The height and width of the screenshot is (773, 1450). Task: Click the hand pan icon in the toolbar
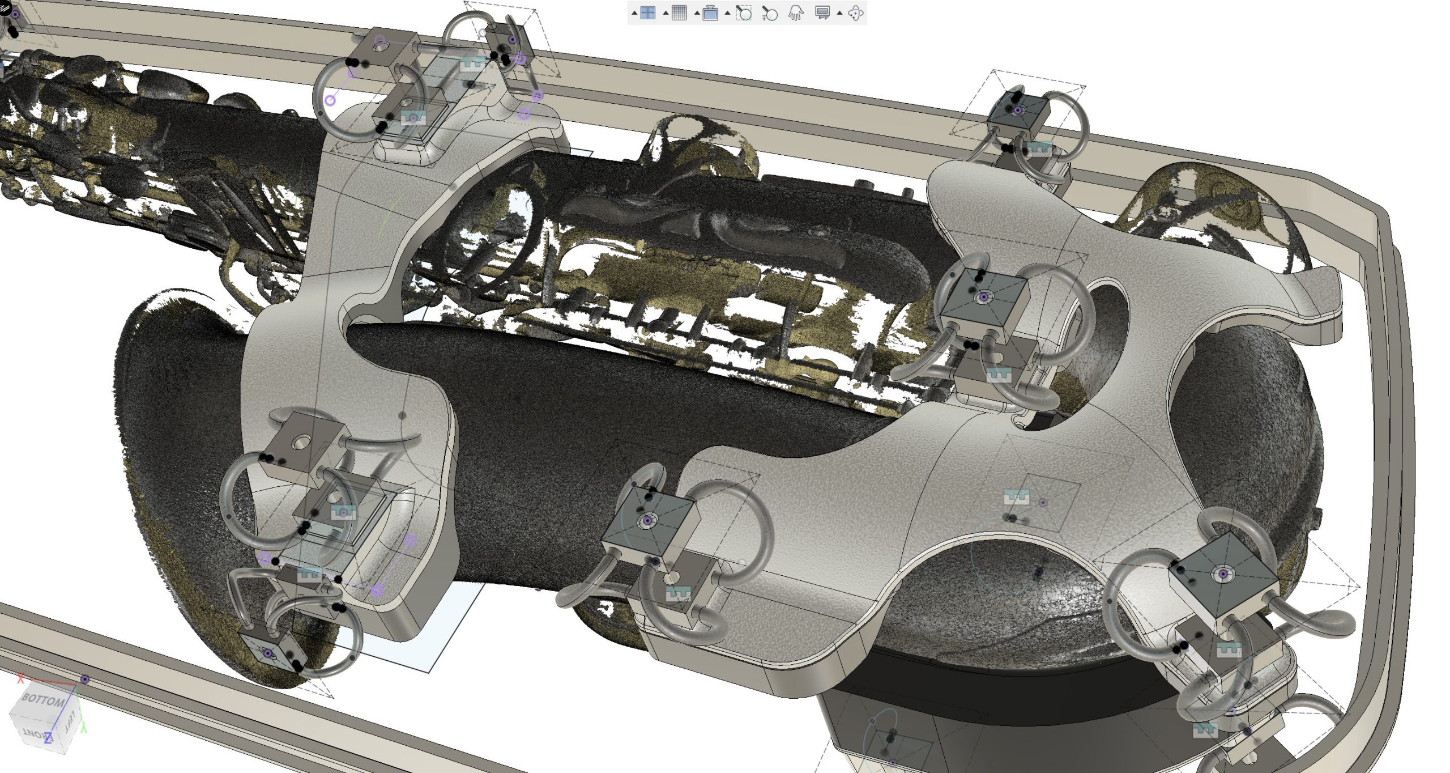[x=796, y=12]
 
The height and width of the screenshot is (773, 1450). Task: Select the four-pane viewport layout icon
[x=647, y=12]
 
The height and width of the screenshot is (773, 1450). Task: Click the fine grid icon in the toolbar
[x=679, y=12]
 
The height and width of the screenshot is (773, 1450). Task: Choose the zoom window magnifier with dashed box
[x=743, y=12]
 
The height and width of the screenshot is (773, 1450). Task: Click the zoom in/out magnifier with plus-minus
[x=769, y=12]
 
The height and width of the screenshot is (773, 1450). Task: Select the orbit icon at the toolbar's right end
[x=855, y=12]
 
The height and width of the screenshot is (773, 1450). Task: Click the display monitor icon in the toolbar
[x=822, y=12]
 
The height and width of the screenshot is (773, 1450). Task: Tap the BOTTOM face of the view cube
[x=42, y=700]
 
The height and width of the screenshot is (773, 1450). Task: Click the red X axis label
[x=21, y=678]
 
